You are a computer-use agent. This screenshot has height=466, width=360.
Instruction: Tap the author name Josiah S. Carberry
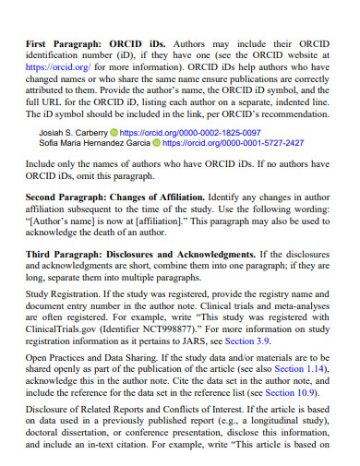point(72,133)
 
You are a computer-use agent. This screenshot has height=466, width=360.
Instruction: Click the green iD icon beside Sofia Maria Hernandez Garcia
point(157,144)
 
